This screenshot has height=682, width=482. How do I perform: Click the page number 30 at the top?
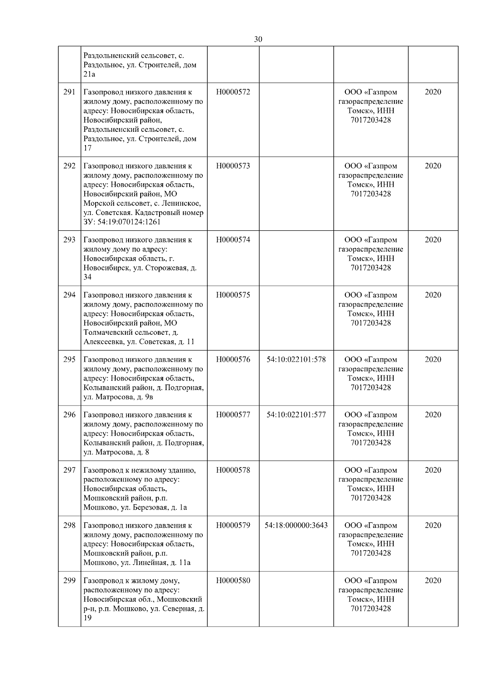point(258,39)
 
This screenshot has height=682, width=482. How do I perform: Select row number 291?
point(69,92)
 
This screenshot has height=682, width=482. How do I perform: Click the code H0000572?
point(233,92)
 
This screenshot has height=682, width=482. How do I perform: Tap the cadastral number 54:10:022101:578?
point(296,360)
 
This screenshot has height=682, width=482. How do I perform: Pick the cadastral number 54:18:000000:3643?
point(296,525)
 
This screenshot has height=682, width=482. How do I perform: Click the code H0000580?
point(233,581)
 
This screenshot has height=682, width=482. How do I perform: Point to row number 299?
point(69,581)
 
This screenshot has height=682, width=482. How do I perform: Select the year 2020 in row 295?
point(433,360)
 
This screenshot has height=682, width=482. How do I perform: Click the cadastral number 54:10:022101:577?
point(296,415)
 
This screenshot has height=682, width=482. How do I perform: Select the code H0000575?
point(233,295)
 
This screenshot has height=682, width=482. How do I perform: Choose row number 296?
point(69,415)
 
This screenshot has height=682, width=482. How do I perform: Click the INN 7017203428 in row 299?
point(370,608)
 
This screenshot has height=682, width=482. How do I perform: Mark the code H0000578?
point(233,470)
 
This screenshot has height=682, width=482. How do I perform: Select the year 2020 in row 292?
point(433,166)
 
